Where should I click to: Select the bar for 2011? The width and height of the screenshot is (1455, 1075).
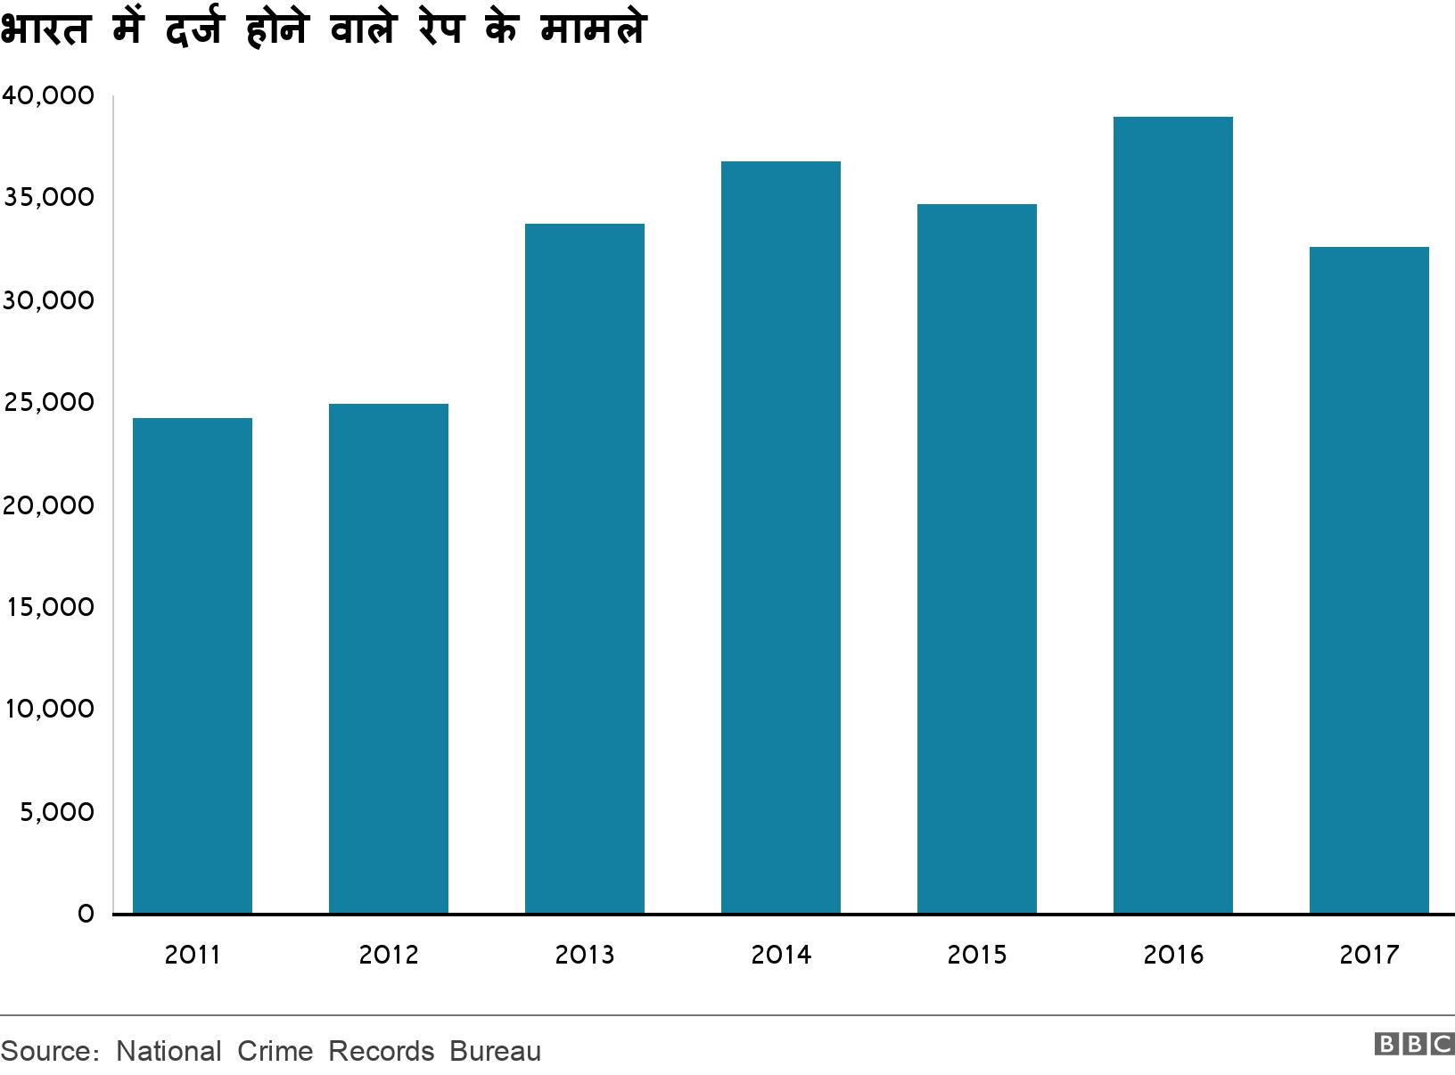pyautogui.click(x=193, y=665)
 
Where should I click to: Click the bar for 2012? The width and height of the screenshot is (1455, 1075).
pyautogui.click(x=389, y=658)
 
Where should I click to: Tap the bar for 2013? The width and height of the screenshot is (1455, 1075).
pyautogui.click(x=585, y=568)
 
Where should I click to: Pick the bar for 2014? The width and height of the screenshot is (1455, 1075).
pyautogui.click(x=781, y=537)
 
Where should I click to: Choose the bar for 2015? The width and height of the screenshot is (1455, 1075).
pyautogui.click(x=977, y=558)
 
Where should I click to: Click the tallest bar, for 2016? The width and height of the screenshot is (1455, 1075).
pyautogui.click(x=1173, y=514)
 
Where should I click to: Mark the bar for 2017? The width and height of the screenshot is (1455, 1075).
pyautogui.click(x=1369, y=579)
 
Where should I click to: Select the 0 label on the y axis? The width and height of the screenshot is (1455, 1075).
pyautogui.click(x=86, y=915)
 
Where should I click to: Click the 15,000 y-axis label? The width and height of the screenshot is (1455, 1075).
pyautogui.click(x=48, y=607)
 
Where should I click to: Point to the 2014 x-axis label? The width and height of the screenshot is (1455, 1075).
pyautogui.click(x=781, y=955)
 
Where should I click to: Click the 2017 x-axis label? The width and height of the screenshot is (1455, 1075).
pyautogui.click(x=1369, y=955)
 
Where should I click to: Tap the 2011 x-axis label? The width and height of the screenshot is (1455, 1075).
pyautogui.click(x=193, y=955)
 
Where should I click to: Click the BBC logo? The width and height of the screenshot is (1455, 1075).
pyautogui.click(x=1414, y=1044)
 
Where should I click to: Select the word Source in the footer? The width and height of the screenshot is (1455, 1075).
pyautogui.click(x=45, y=1051)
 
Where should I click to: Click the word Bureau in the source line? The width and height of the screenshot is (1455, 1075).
pyautogui.click(x=495, y=1051)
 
